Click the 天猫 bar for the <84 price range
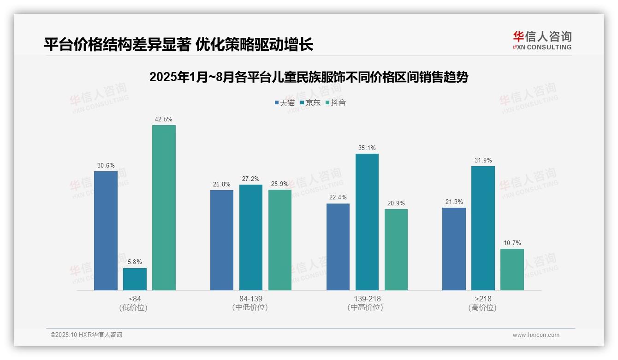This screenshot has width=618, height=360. pyautogui.click(x=106, y=231)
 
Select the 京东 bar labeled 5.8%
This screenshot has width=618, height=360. pyautogui.click(x=135, y=279)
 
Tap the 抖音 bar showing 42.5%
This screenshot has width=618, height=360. pyautogui.click(x=164, y=208)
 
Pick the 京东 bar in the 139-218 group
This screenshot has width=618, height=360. pyautogui.click(x=367, y=222)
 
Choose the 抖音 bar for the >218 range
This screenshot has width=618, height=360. pyautogui.click(x=512, y=270)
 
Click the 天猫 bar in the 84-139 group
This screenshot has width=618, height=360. pyautogui.click(x=222, y=240)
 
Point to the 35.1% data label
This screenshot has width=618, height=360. pyautogui.click(x=367, y=148)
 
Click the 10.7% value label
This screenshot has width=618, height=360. pyautogui.click(x=512, y=243)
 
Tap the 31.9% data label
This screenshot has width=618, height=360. pyautogui.click(x=483, y=161)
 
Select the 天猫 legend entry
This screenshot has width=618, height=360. pyautogui.click(x=285, y=102)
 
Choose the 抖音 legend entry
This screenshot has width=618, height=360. pyautogui.click(x=336, y=102)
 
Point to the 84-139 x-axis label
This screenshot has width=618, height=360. pyautogui.click(x=251, y=299)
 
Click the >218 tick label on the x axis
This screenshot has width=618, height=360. pyautogui.click(x=483, y=299)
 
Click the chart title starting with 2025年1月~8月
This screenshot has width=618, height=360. pyautogui.click(x=309, y=77)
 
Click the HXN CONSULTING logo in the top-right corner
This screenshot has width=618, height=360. pyautogui.click(x=542, y=41)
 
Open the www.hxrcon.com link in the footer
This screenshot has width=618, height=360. pyautogui.click(x=536, y=335)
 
